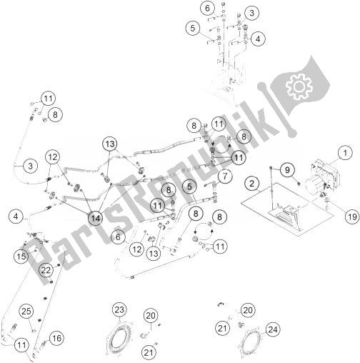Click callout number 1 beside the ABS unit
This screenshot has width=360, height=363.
[345, 153]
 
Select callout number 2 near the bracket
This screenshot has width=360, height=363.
[251, 183]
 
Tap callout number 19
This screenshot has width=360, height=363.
[352, 217]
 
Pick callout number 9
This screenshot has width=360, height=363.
[287, 170]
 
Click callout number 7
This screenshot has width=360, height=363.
[225, 176]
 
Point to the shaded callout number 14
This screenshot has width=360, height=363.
[96, 218]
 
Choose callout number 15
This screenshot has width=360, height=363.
[21, 257]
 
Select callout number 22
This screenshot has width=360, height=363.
[46, 270]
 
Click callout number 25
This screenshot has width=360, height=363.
[26, 311]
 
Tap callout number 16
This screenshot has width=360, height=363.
[56, 338]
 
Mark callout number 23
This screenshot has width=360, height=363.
[119, 309]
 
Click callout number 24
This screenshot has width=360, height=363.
[273, 329]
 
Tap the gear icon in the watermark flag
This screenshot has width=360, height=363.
[299, 86]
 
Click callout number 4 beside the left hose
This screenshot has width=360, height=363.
[16, 217]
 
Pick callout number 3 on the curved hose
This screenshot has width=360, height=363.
[31, 166]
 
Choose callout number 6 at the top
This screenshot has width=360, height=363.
[207, 8]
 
